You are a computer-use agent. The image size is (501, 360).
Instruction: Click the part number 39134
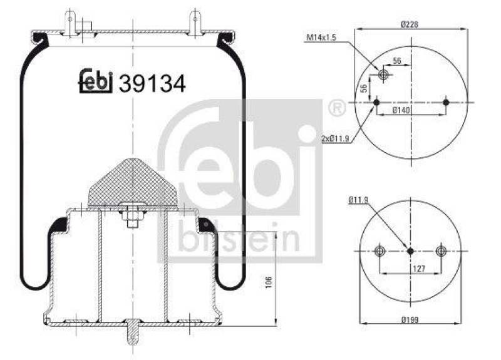pos(152,83)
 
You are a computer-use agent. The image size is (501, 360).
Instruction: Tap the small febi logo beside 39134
pos(95,81)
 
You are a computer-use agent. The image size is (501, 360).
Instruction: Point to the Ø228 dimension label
pos(410,24)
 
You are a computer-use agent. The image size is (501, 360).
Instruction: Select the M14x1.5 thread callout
pos(322,38)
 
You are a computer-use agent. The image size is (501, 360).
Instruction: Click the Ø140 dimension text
pos(410,111)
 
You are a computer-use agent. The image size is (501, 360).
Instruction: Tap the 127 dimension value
pos(410,268)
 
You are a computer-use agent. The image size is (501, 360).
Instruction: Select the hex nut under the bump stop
pos(132,222)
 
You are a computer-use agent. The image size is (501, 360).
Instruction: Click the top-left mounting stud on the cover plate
pos(70,23)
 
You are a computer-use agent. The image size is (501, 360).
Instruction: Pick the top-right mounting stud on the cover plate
pos(197,23)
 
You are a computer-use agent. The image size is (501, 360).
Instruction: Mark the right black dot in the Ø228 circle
pos(446,103)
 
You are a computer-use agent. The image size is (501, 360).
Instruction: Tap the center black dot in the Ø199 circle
pos(410,251)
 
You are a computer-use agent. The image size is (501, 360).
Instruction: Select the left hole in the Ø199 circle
pos(379,251)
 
